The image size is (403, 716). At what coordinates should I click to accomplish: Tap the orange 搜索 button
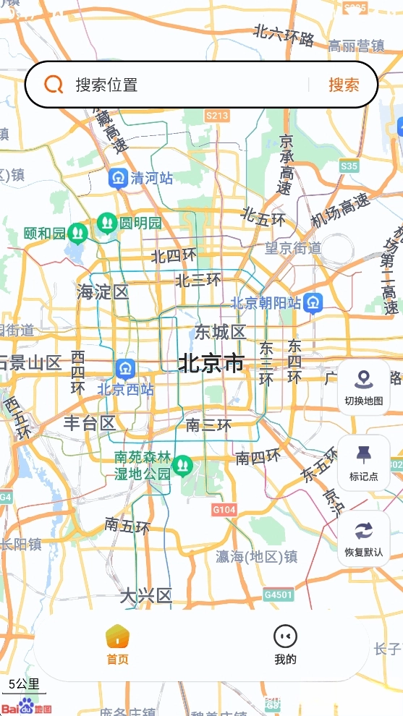pyautogui.click(x=344, y=85)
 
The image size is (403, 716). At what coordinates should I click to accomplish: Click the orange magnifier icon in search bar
pyautogui.click(x=54, y=85)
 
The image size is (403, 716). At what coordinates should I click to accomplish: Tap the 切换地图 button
pyautogui.click(x=363, y=388)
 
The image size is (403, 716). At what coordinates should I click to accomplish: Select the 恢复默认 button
pyautogui.click(x=363, y=539)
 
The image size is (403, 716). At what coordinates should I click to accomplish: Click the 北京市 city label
pyautogui.click(x=211, y=362)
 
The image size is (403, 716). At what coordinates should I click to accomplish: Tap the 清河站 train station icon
pyautogui.click(x=118, y=178)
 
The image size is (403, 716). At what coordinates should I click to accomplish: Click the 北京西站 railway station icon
pyautogui.click(x=126, y=369)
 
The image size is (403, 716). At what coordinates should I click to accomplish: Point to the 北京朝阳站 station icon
pyautogui.click(x=313, y=303)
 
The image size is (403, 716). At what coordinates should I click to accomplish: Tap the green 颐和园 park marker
pyautogui.click(x=77, y=233)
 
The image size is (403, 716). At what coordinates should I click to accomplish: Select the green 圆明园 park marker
pyautogui.click(x=107, y=222)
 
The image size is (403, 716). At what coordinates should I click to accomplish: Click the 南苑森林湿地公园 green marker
pyautogui.click(x=182, y=464)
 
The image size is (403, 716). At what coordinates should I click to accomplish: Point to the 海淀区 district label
pyautogui.click(x=103, y=292)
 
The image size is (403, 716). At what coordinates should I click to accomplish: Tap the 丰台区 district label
pyautogui.click(x=89, y=423)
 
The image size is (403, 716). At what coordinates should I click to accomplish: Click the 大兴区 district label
pyautogui.click(x=145, y=596)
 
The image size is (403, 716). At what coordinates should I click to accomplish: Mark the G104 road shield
pyautogui.click(x=224, y=510)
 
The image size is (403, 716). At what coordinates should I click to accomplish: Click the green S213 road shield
pyautogui.click(x=217, y=116)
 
